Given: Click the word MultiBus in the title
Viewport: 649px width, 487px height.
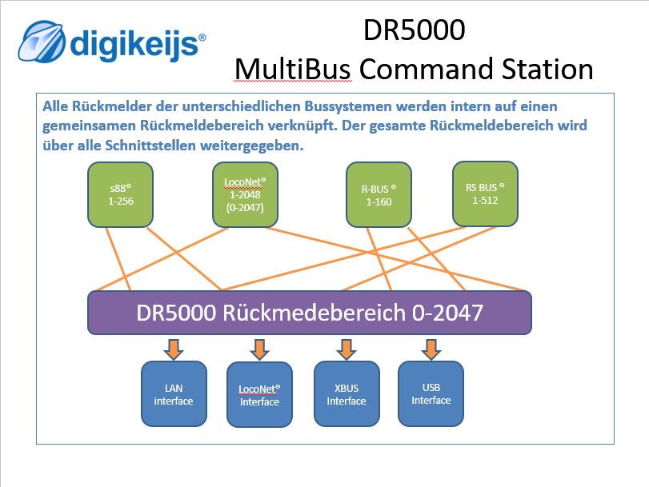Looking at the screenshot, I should pyautogui.click(x=293, y=70).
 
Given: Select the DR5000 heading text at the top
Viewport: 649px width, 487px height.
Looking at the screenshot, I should pyautogui.click(x=414, y=30).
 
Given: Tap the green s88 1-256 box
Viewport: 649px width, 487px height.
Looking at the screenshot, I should pyautogui.click(x=120, y=195).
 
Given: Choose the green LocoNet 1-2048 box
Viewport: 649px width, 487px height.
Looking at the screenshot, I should pyautogui.click(x=245, y=195).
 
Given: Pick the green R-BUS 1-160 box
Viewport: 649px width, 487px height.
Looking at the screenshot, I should pyautogui.click(x=379, y=195).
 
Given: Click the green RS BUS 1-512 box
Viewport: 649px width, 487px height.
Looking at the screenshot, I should pyautogui.click(x=485, y=194).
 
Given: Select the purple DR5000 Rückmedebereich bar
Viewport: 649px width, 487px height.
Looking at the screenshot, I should pyautogui.click(x=309, y=312).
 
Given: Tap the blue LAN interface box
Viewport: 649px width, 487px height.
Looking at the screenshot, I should pyautogui.click(x=174, y=394).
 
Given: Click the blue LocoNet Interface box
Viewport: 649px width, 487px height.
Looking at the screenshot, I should pyautogui.click(x=259, y=395).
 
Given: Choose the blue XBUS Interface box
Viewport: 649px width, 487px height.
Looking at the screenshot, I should pyautogui.click(x=346, y=394).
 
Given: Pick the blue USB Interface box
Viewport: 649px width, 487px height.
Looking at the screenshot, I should pyautogui.click(x=431, y=394).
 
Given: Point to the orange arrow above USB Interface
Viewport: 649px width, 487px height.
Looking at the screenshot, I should pyautogui.click(x=431, y=349).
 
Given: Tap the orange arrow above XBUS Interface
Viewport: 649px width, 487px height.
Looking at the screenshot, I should pyautogui.click(x=346, y=349).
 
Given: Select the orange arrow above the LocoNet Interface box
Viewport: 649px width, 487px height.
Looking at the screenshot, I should pyautogui.click(x=259, y=349).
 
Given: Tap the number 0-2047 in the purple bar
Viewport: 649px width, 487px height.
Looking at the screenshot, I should pyautogui.click(x=448, y=312).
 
